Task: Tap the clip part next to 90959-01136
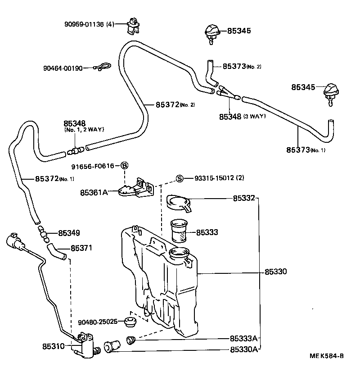click(x=133, y=24)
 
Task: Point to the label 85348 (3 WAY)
click(x=242, y=116)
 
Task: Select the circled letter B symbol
click(x=125, y=166)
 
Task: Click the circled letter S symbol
click(x=180, y=178)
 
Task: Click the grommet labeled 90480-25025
click(x=131, y=322)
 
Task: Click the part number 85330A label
click(x=244, y=349)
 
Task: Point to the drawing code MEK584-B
click(x=327, y=368)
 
